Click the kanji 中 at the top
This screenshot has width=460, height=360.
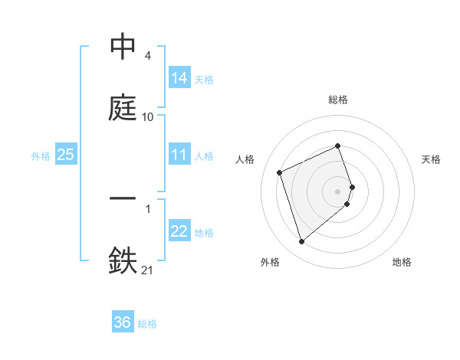(x=123, y=47)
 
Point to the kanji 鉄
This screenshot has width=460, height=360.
(x=123, y=259)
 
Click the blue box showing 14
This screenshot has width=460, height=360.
(x=179, y=77)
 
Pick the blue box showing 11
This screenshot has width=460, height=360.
(x=179, y=155)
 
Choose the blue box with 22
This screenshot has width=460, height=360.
(x=179, y=231)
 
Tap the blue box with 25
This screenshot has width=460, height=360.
(x=66, y=155)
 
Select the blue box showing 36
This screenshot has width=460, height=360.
(x=123, y=322)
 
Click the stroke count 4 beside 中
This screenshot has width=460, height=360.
(x=147, y=57)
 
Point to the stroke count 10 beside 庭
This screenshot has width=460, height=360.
(x=148, y=117)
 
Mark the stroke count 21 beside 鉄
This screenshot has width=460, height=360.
(x=147, y=269)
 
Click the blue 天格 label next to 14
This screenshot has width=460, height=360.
(x=204, y=79)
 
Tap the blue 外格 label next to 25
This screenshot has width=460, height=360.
(x=41, y=155)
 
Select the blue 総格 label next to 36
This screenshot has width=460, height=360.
(x=147, y=324)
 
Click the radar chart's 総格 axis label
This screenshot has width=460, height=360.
(x=338, y=100)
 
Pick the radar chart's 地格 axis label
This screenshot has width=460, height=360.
(x=402, y=262)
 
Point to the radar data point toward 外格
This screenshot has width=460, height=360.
(x=301, y=242)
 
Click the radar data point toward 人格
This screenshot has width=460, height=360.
(x=281, y=172)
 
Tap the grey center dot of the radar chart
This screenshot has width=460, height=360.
(x=338, y=190)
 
